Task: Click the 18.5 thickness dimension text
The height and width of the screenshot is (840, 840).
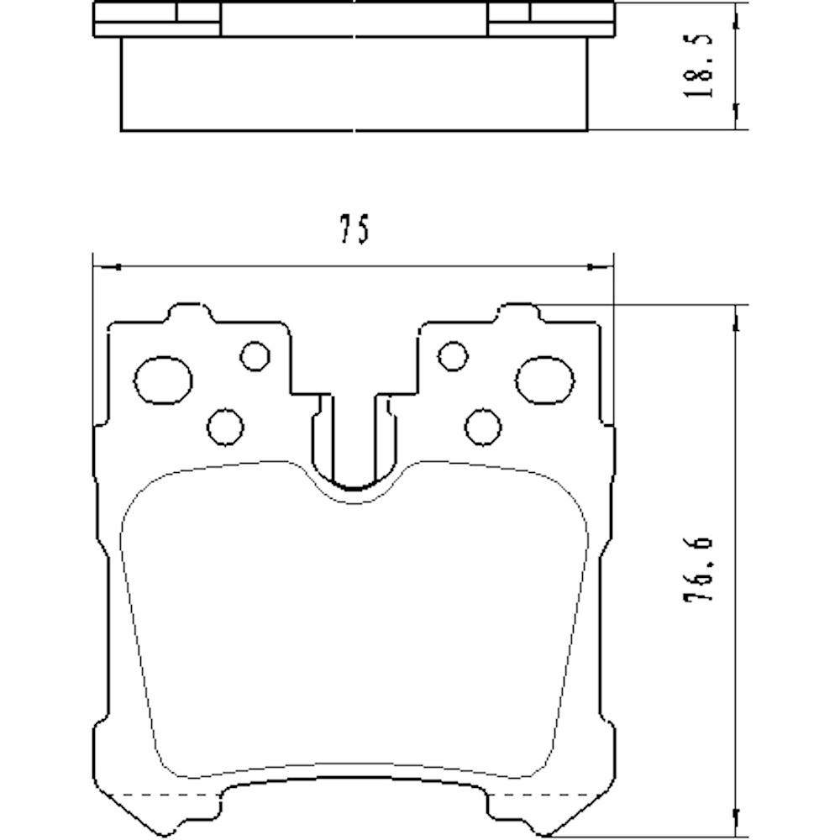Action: (x=699, y=66)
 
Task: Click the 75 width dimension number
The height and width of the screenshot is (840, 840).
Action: (x=354, y=230)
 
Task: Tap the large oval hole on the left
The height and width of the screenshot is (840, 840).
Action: (x=163, y=380)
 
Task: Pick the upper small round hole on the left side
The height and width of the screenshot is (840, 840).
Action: (x=253, y=355)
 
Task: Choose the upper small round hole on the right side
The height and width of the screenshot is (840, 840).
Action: (x=453, y=355)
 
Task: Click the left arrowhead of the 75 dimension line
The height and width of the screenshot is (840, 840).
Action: (x=104, y=267)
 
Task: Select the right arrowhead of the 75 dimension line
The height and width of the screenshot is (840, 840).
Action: (x=604, y=267)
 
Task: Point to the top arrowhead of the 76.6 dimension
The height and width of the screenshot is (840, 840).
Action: (x=737, y=314)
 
